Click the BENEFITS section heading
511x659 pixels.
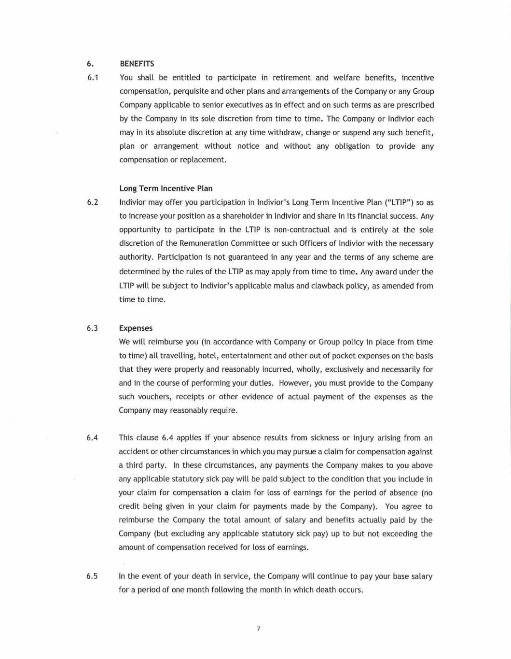pyautogui.click(x=137, y=64)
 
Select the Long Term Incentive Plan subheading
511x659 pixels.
pyautogui.click(x=166, y=188)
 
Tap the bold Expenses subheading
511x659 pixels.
pyautogui.click(x=136, y=328)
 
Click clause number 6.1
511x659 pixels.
pyautogui.click(x=93, y=78)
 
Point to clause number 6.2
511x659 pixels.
pyautogui.click(x=93, y=202)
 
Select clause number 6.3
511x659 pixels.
pyautogui.click(x=92, y=328)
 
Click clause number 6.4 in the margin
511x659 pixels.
pyautogui.click(x=92, y=438)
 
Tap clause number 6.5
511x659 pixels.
pyautogui.click(x=92, y=576)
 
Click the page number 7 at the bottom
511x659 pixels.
pyautogui.click(x=259, y=629)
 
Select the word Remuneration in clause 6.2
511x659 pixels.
pyautogui.click(x=203, y=243)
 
